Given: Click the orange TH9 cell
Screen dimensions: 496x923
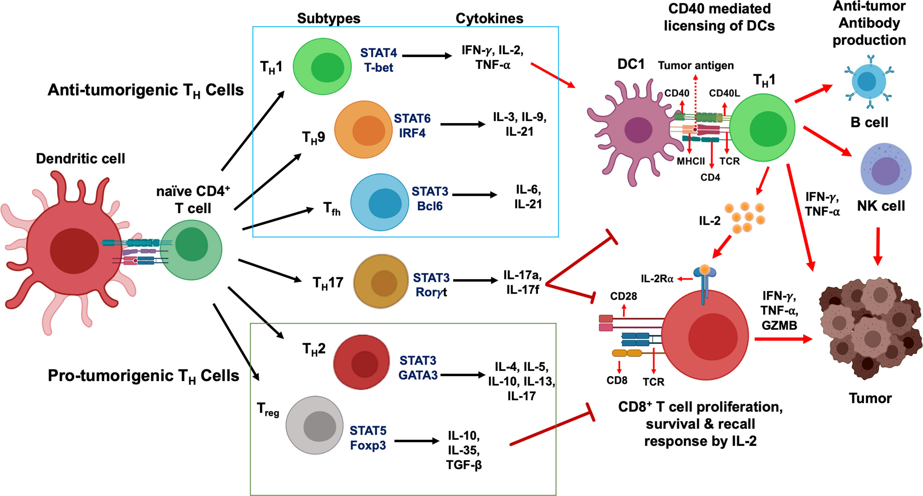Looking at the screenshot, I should (363, 130).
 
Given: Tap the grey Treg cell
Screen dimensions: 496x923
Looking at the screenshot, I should (315, 425).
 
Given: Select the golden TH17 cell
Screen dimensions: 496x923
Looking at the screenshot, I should (381, 281).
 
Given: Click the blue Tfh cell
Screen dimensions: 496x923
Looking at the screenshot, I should (380, 202).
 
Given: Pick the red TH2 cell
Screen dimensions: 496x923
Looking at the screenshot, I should (361, 362).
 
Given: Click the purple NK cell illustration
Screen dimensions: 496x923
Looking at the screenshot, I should (885, 169).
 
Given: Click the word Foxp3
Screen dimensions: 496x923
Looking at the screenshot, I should (368, 445).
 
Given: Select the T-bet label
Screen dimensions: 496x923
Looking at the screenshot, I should (378, 68).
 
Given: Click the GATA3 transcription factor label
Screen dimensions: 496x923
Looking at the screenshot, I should (418, 375).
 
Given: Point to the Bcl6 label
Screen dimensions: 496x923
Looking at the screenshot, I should (430, 206).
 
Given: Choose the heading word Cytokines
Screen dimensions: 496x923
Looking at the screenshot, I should (489, 18).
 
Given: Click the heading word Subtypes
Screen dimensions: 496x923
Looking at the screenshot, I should (329, 18).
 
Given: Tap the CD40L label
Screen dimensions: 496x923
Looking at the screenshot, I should (724, 93).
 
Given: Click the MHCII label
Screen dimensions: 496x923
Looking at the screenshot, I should (690, 161).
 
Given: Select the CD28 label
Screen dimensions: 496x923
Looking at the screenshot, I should (623, 296).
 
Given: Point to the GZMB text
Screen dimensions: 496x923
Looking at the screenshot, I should (779, 325).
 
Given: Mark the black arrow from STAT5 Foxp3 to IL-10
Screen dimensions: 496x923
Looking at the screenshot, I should (417, 441).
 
